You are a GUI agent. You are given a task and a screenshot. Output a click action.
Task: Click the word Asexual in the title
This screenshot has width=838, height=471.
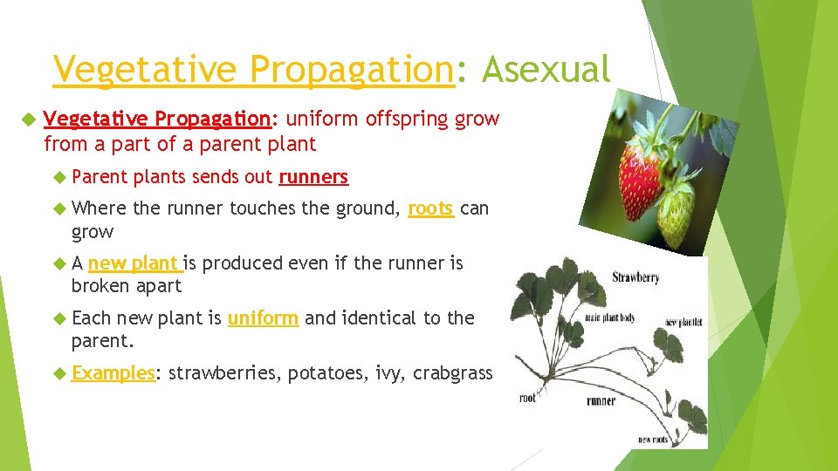coord(546,69)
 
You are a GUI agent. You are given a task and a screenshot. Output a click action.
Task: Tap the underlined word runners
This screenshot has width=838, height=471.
coord(313,177)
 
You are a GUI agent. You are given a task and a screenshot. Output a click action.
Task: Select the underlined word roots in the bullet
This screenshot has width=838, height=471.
coord(430,208)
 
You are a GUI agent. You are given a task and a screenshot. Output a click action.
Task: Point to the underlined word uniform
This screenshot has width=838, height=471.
coord(263,318)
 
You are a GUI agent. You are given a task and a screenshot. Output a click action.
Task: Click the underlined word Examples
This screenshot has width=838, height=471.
coord(113,373)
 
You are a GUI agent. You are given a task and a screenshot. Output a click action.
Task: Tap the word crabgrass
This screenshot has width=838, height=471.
coord(452,373)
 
